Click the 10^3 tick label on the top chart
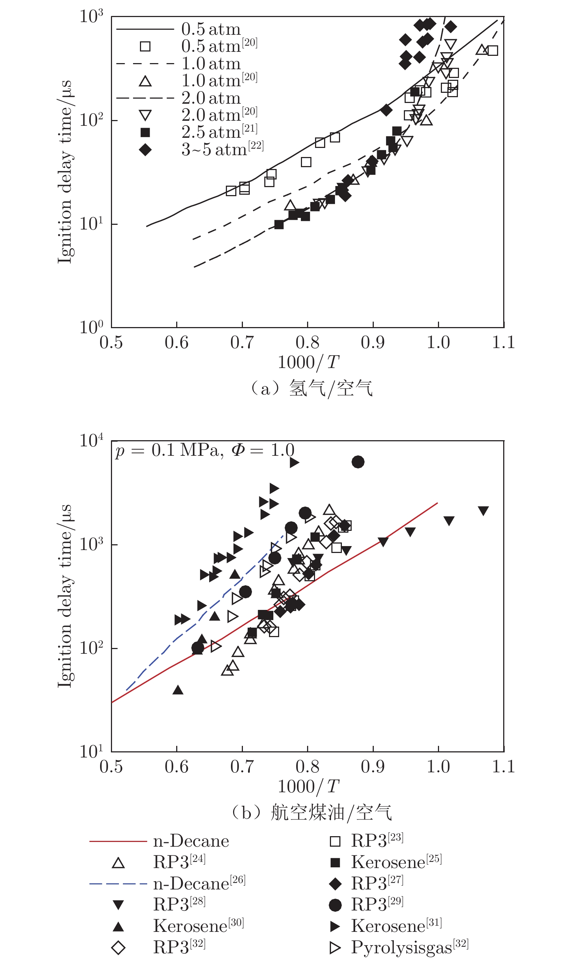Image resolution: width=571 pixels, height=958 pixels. [91, 16]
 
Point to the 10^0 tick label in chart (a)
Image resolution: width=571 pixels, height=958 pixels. [91, 327]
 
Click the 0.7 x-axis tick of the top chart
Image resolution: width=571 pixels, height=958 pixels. [242, 342]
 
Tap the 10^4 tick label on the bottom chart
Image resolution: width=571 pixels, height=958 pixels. [91, 441]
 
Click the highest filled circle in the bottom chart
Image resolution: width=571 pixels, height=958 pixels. [358, 462]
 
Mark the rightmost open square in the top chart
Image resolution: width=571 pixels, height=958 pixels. [492, 50]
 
